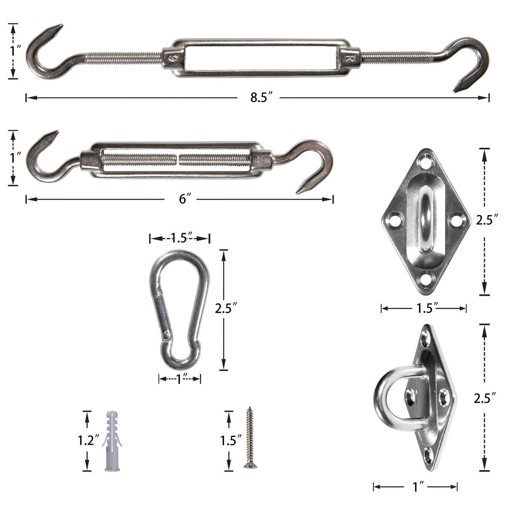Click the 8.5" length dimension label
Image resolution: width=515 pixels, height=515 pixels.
(x=258, y=98)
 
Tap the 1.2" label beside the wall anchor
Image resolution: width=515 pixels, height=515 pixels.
(x=88, y=440)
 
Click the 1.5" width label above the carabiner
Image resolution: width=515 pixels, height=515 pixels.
(x=181, y=238)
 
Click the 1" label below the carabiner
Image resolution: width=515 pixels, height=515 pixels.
(x=180, y=379)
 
